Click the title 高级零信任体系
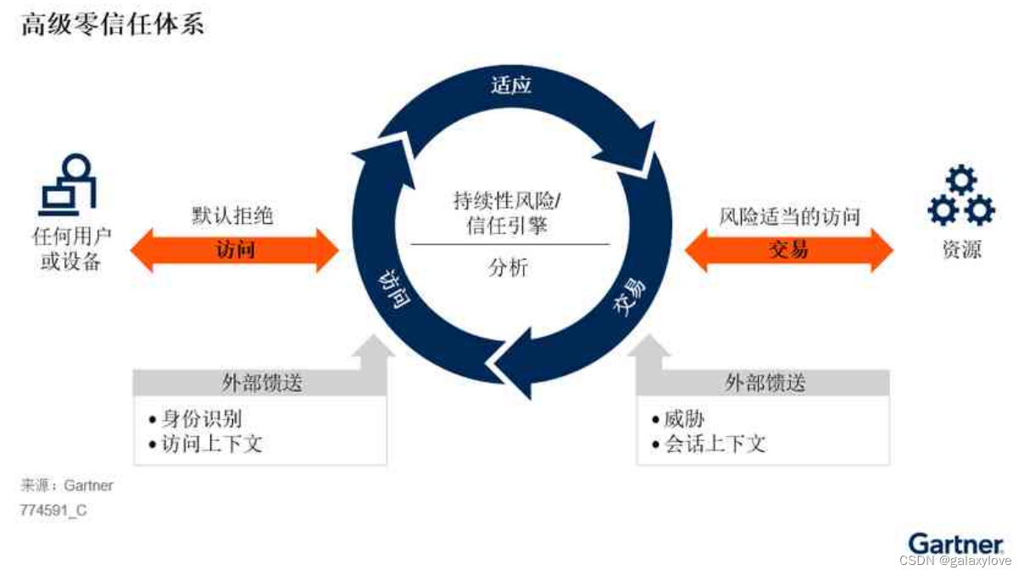[x=112, y=25]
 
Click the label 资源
[x=961, y=249]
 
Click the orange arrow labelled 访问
[x=234, y=250]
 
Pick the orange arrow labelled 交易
[x=788, y=250]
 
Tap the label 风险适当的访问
[x=789, y=216]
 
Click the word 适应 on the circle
[x=511, y=85]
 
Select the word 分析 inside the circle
[x=509, y=268]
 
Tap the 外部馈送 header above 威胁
[x=764, y=383]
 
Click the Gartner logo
[x=955, y=544]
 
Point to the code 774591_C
[x=53, y=511]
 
